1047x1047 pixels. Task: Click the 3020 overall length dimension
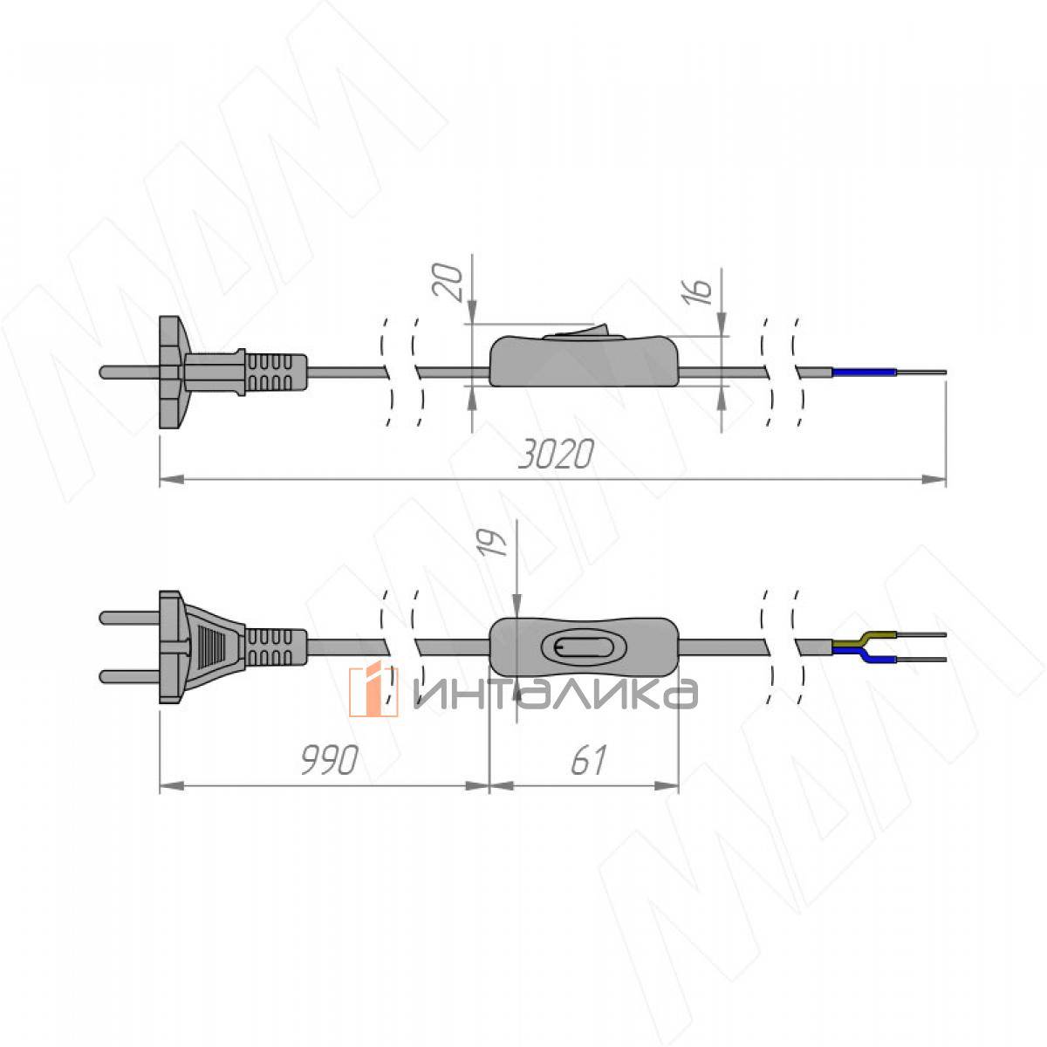555,455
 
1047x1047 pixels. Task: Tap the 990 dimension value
330,760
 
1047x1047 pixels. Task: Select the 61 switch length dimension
588,760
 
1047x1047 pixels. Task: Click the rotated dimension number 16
696,291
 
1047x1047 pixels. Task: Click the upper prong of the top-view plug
129,618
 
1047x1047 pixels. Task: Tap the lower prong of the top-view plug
129,676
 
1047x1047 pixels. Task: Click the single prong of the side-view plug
129,373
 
